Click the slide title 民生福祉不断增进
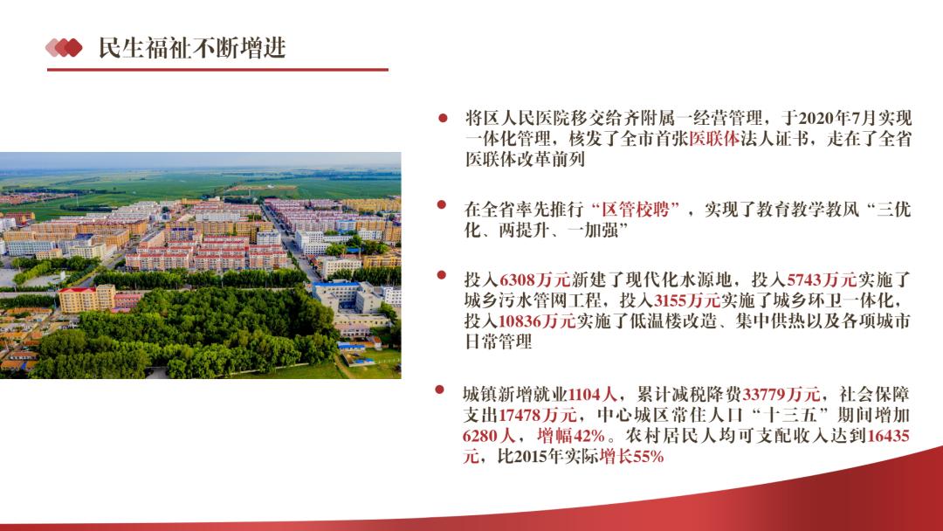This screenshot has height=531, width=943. tap(192, 48)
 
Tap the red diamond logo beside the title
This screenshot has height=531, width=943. tap(64, 47)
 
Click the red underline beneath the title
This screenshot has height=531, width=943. tap(217, 70)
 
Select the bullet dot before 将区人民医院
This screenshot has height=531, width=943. tap(443, 118)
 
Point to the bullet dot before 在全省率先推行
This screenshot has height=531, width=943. tap(442, 204)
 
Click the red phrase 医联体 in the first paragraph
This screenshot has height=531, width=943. tap(714, 139)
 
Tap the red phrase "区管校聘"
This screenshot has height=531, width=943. tap(636, 210)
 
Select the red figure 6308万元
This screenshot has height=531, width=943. tap(534, 279)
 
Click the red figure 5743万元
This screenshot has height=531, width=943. tap(822, 279)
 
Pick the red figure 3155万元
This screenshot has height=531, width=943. tap(687, 300)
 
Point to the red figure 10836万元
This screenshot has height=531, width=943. tap(537, 321)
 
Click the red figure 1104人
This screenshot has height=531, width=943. tap(592, 395)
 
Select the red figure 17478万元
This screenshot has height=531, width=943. tap(537, 415)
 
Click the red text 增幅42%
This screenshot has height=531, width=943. tap(571, 436)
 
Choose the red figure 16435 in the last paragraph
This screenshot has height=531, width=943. tap(888, 436)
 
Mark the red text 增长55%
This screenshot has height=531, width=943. tap(631, 457)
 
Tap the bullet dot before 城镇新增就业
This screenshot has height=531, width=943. tap(439, 390)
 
